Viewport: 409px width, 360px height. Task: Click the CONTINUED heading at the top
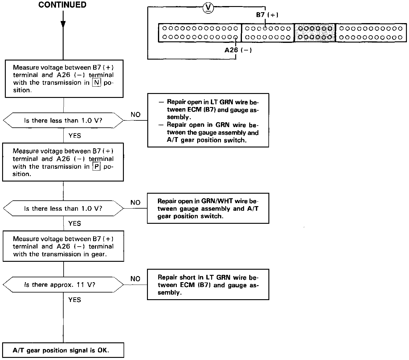point(62,5)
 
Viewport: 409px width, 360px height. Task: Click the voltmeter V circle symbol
point(208,8)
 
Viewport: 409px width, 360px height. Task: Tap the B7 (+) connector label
point(267,15)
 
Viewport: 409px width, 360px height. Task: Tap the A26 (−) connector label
point(238,50)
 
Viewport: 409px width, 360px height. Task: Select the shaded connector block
point(315,33)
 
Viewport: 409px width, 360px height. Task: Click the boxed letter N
point(96,82)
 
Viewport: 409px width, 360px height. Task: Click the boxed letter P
point(96,167)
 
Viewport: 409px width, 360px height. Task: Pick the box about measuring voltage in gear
point(63,246)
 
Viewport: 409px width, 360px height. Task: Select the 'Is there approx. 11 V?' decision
point(63,285)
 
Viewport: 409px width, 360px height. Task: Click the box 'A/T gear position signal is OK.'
point(63,350)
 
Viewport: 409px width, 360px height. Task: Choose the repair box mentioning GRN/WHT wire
point(208,209)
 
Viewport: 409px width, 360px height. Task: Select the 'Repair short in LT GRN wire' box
point(208,285)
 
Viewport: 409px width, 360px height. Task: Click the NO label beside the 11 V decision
point(135,279)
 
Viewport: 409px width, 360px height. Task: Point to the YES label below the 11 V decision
point(75,300)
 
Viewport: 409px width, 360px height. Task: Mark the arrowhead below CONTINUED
point(63,24)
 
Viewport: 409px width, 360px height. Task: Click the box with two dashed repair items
point(208,120)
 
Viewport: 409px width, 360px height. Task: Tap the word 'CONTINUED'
point(62,5)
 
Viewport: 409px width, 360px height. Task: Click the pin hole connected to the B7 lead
point(265,29)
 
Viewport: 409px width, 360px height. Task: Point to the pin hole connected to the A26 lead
point(236,37)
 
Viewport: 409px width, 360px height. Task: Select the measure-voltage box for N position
point(64,79)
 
